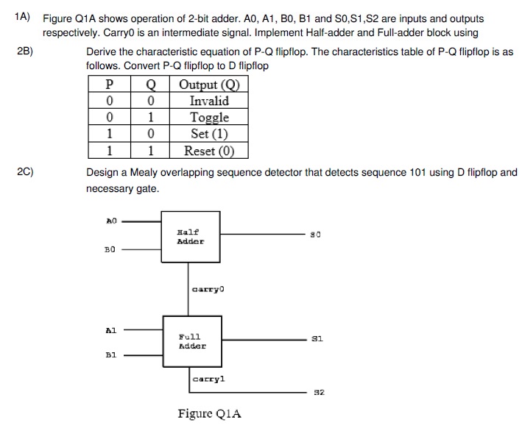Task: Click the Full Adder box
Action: [x=191, y=340]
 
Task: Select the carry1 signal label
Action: [x=208, y=379]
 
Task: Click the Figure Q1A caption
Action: [x=209, y=413]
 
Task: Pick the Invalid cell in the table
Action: [x=209, y=101]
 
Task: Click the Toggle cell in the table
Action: [x=209, y=118]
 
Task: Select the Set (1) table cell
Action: [x=209, y=134]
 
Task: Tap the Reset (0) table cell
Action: [x=209, y=151]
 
